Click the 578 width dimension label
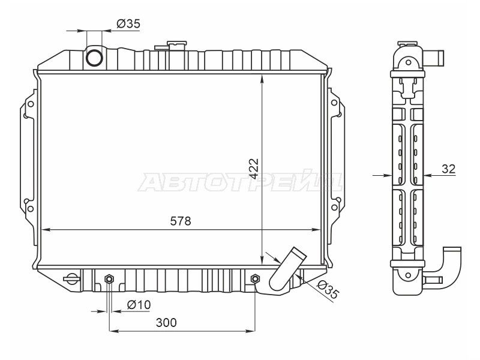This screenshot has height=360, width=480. coord(181,221)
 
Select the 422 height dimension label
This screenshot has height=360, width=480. coord(253,169)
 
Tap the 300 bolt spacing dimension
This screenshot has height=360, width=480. coord(166,322)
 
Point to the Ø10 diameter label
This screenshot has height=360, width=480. coord(139,305)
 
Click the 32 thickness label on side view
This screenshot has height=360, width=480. coord(448,169)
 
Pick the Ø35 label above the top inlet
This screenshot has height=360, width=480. coord(128,23)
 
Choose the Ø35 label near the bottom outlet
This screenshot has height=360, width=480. coord(328,289)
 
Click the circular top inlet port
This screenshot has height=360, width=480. coord(94,57)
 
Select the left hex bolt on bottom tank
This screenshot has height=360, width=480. coord(109,279)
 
